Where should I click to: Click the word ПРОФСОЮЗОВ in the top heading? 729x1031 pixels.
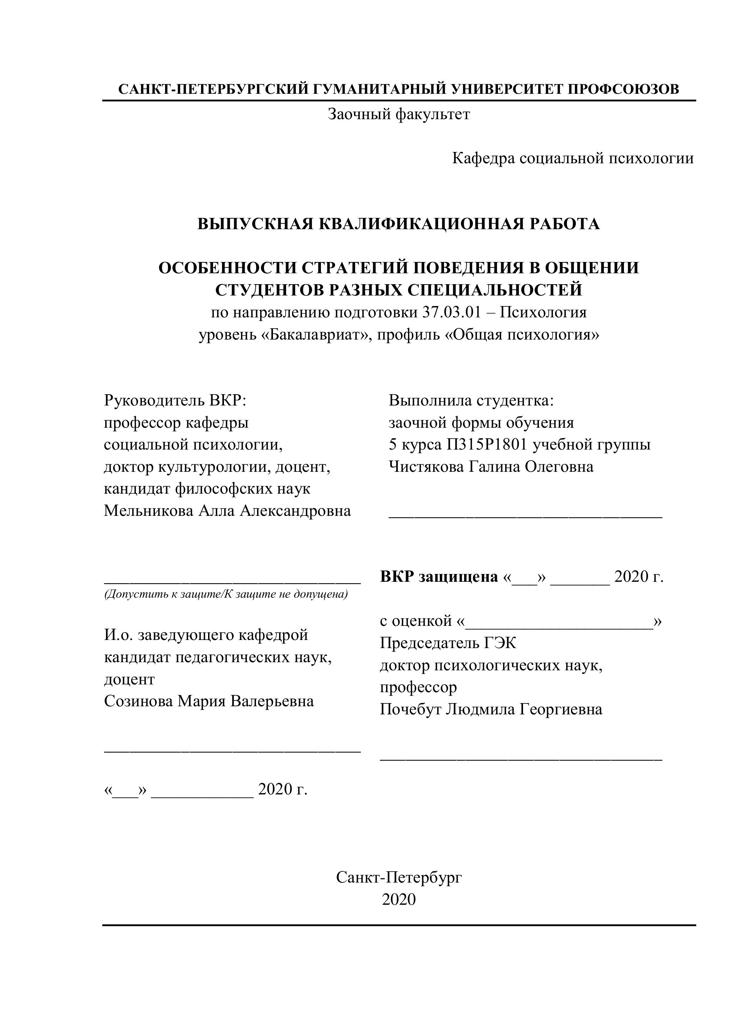(624, 89)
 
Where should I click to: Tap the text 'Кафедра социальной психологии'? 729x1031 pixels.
(573, 158)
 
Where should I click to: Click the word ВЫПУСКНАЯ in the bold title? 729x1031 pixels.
(255, 224)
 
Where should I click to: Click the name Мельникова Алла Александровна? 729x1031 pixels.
(227, 511)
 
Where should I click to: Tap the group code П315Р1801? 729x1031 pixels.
(487, 444)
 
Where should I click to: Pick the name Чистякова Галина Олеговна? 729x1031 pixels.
(491, 466)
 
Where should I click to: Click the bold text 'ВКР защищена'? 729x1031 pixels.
(439, 576)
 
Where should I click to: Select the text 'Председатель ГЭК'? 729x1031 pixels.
(448, 643)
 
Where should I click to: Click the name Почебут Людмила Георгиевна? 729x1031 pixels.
(491, 709)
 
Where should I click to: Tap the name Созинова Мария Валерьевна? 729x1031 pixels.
(209, 701)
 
